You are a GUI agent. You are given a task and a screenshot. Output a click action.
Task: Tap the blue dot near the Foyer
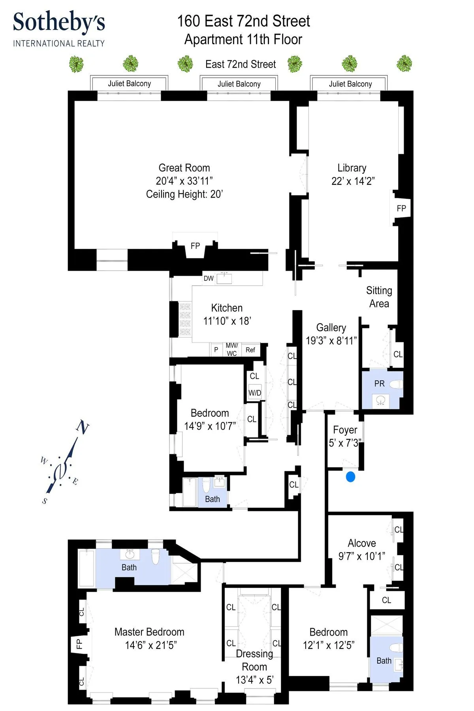tap(350, 477)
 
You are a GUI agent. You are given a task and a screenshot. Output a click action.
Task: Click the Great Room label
tap(184, 168)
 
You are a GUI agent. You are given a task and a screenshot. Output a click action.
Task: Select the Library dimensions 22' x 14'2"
tap(353, 181)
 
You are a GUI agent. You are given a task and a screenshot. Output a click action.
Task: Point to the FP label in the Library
tap(401, 208)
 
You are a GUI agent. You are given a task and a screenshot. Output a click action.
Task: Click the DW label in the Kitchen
tap(209, 278)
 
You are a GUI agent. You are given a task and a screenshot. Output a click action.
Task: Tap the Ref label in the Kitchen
tap(250, 350)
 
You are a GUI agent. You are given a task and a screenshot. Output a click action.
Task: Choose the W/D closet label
tap(255, 393)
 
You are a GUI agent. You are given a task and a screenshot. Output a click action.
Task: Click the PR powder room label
tap(379, 384)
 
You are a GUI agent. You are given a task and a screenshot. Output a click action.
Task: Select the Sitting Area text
tap(379, 297)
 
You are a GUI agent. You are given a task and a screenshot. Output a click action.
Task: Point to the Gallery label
tap(331, 327)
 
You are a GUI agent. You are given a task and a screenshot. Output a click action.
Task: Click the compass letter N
tap(83, 427)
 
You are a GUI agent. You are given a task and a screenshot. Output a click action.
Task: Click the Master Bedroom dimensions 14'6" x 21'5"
tap(150, 645)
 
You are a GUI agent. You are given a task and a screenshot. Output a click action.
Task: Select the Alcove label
tap(361, 543)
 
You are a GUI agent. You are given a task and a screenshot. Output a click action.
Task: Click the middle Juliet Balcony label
tap(239, 84)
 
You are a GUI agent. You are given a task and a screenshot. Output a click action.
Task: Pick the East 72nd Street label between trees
tap(241, 64)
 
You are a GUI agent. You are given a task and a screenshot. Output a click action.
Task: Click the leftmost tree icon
tap(76, 64)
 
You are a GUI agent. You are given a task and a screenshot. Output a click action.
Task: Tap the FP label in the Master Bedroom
tap(79, 644)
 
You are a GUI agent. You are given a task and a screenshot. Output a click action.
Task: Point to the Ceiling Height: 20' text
tap(184, 194)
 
